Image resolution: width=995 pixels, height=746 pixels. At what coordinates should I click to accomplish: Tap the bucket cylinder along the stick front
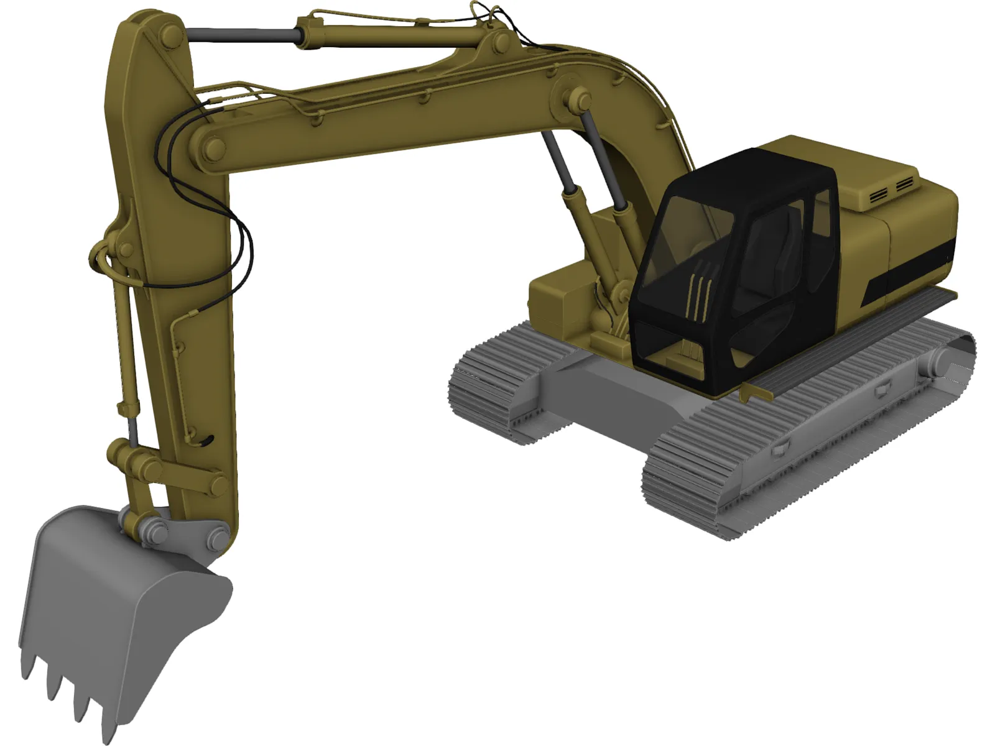tap(124, 348)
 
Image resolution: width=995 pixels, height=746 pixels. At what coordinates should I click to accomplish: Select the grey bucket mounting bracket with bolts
tap(187, 535)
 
